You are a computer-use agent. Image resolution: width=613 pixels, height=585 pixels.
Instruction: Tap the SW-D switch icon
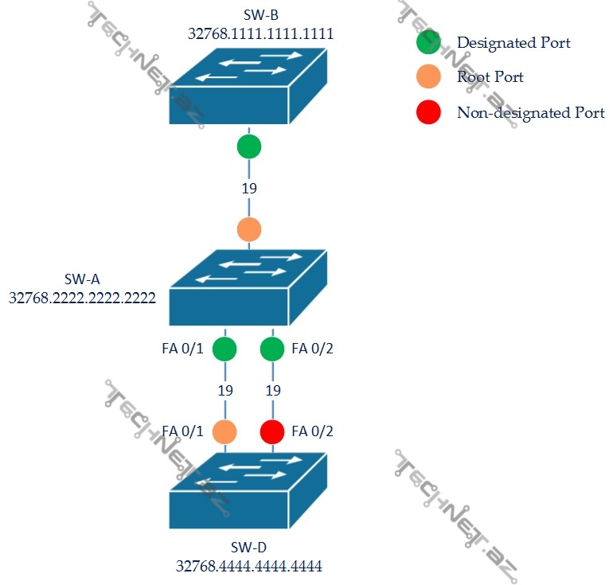pyautogui.click(x=248, y=491)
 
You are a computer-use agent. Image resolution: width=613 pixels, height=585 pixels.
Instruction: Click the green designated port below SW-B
pyautogui.click(x=249, y=147)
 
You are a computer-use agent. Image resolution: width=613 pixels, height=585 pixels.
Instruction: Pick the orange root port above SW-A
pyautogui.click(x=249, y=229)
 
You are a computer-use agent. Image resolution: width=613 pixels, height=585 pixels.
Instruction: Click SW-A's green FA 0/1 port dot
pyautogui.click(x=225, y=349)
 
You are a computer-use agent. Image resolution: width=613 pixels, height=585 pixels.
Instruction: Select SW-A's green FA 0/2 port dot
pyautogui.click(x=272, y=349)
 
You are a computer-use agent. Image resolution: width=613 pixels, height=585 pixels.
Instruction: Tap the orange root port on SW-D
pyautogui.click(x=225, y=431)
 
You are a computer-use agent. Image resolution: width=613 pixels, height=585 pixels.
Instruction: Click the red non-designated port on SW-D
pyautogui.click(x=272, y=431)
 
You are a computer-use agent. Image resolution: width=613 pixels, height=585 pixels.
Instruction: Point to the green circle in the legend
pyautogui.click(x=428, y=42)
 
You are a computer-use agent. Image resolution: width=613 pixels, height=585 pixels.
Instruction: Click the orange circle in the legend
pyautogui.click(x=428, y=77)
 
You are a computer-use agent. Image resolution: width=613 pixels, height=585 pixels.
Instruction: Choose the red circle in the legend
pyautogui.click(x=428, y=112)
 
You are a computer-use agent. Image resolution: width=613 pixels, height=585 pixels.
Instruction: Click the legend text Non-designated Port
pyautogui.click(x=530, y=112)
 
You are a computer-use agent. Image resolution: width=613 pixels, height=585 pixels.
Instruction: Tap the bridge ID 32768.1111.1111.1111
pyautogui.click(x=260, y=33)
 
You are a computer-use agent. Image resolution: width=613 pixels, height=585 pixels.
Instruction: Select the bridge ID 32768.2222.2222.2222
pyautogui.click(x=82, y=298)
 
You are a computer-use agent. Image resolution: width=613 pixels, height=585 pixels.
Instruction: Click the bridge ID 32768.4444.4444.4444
pyautogui.click(x=249, y=567)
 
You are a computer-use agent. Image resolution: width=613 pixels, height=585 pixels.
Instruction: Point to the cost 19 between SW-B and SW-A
pyautogui.click(x=249, y=189)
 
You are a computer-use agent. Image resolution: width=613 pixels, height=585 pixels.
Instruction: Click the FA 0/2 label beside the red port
pyautogui.click(x=313, y=431)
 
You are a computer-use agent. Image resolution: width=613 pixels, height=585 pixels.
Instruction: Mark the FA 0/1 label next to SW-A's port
pyautogui.click(x=182, y=348)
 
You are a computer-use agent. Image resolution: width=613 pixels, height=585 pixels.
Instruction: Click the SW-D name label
pyautogui.click(x=249, y=548)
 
